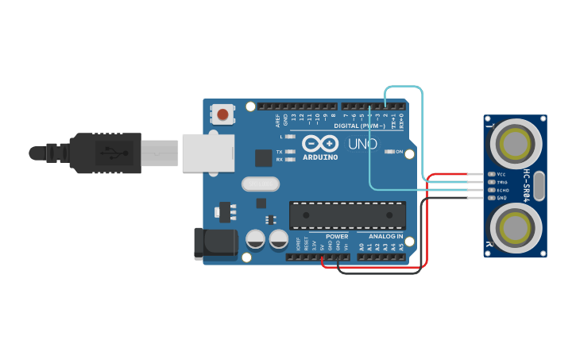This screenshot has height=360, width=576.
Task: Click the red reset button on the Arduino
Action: click(x=222, y=114)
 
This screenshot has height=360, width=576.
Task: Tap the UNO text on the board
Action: click(x=362, y=144)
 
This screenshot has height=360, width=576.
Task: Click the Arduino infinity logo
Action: click(x=320, y=143)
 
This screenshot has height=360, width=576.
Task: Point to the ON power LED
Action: click(x=389, y=151)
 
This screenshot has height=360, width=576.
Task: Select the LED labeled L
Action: click(x=290, y=137)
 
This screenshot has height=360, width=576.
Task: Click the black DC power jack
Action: click(x=215, y=244)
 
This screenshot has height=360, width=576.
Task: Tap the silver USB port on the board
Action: click(x=209, y=153)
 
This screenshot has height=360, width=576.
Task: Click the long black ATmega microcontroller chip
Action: click(x=347, y=215)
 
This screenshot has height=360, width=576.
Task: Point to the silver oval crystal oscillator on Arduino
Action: click(x=261, y=184)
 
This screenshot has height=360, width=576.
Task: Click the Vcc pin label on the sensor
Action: click(x=501, y=174)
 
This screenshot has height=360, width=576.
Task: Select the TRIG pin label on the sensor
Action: click(x=502, y=182)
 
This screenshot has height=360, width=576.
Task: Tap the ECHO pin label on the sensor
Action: click(x=502, y=191)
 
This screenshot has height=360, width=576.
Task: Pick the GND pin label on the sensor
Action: click(x=501, y=198)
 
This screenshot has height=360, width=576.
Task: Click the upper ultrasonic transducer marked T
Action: click(x=515, y=144)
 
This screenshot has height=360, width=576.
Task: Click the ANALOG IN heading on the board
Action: click(x=385, y=236)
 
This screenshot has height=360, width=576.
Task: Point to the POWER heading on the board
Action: click(x=337, y=236)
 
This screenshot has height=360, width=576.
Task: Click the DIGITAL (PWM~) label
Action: click(x=359, y=126)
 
